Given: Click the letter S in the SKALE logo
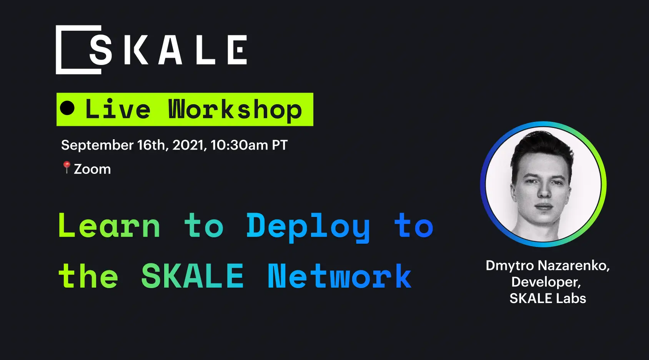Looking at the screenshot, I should click(101, 50).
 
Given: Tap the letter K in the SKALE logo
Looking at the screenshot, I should click(136, 50).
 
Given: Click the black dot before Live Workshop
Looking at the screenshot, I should click(67, 108).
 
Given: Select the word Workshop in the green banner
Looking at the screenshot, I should click(235, 110).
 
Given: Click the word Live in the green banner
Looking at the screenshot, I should click(118, 109).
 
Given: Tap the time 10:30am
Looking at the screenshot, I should click(239, 145).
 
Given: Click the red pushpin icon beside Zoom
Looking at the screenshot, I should click(67, 167).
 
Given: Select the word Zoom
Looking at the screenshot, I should click(92, 169).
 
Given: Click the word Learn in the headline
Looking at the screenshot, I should click(109, 226).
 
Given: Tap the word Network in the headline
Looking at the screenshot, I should click(339, 276).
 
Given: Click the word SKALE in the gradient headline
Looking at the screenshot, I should click(192, 276).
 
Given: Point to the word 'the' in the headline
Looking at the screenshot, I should click(88, 276).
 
